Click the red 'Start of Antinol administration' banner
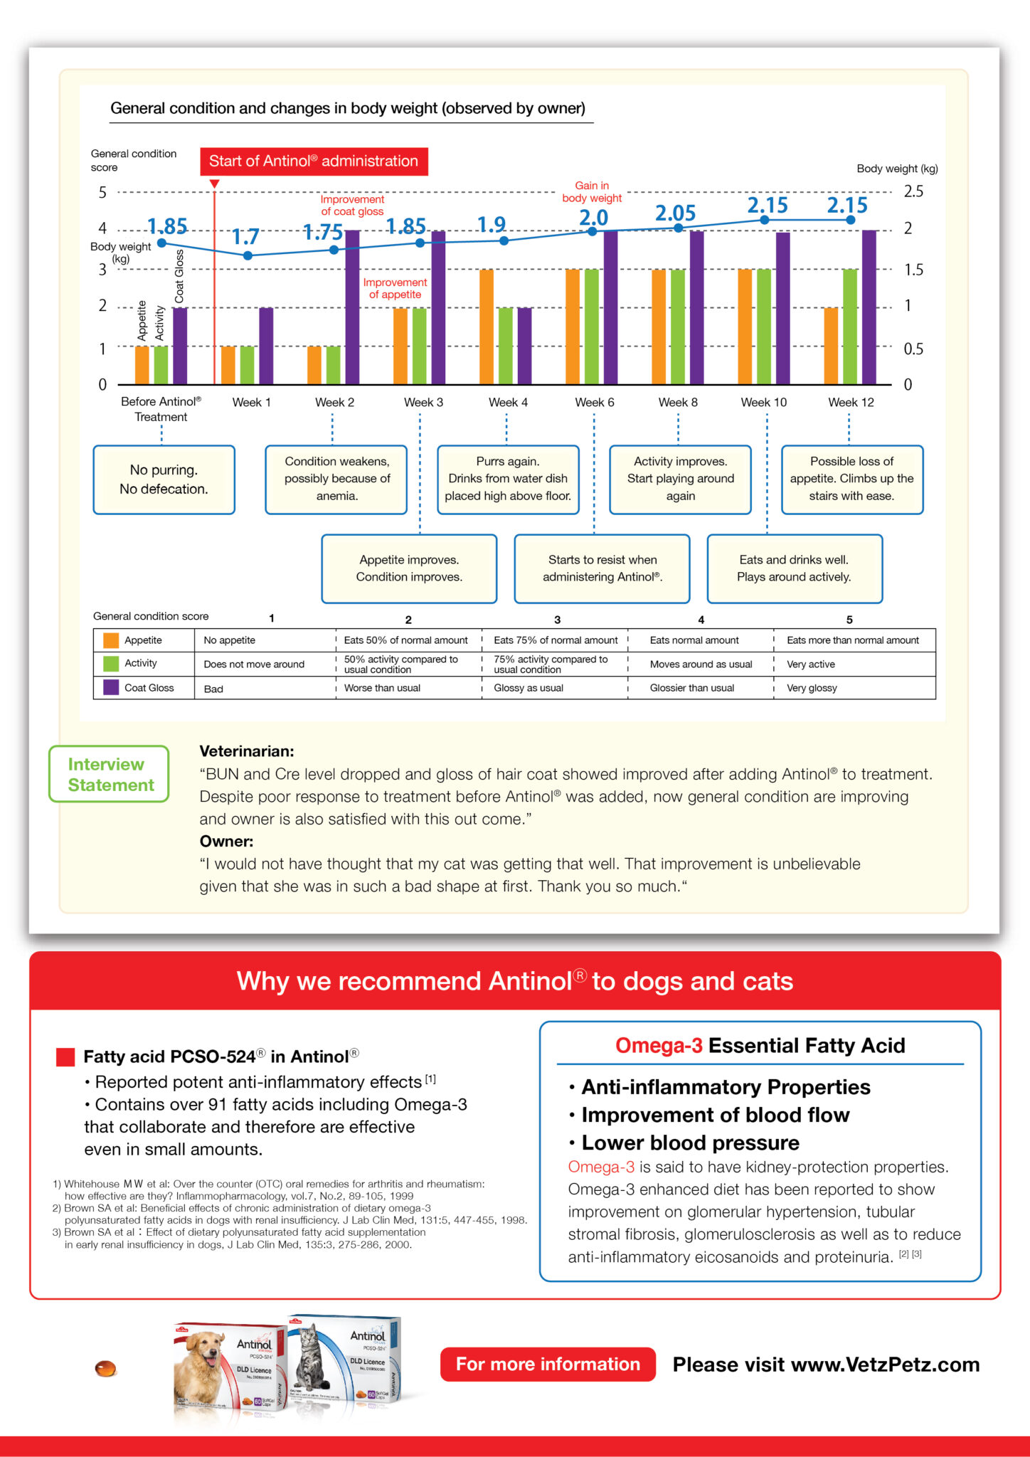pos(314,161)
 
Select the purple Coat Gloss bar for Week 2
pos(352,307)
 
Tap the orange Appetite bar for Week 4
pos(487,327)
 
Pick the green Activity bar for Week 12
pos(849,327)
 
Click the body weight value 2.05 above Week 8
pos(675,213)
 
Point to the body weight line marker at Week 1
pos(248,255)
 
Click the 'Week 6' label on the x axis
pos(595,403)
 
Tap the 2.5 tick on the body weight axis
pos(913,191)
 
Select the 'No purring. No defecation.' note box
pos(164,480)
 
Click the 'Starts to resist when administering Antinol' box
pos(602,568)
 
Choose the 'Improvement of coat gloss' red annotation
pos(352,206)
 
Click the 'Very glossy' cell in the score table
pos(812,688)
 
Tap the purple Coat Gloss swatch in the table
pos(111,687)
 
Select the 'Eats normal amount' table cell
pos(694,640)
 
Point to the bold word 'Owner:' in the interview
pos(226,842)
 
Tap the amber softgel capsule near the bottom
pos(106,1368)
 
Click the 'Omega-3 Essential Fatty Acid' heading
pos(760,1045)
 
